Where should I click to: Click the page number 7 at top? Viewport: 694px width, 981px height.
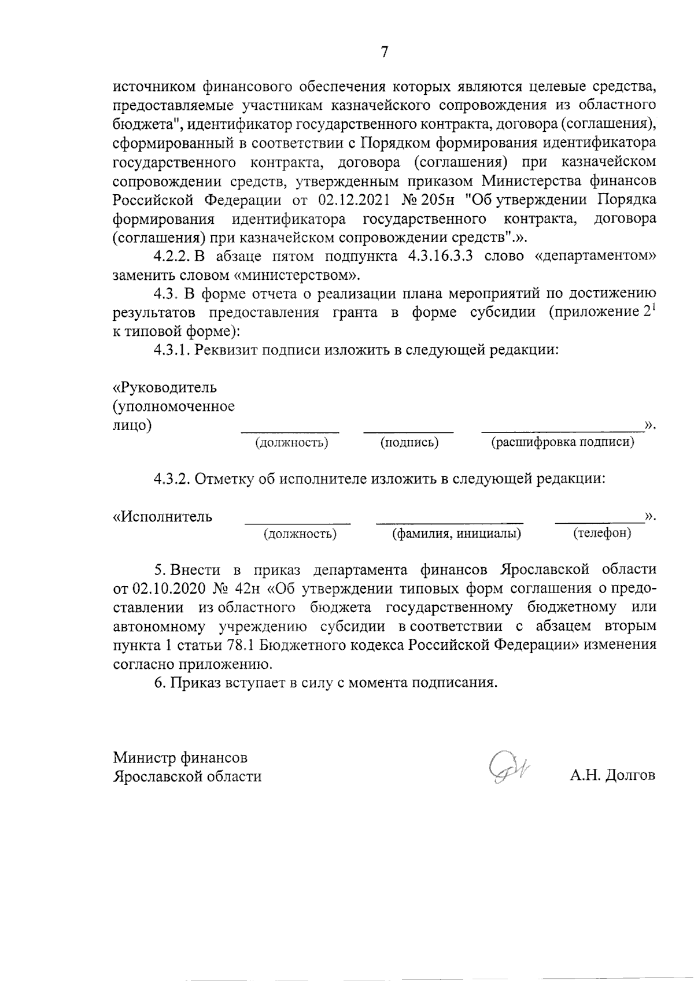(x=384, y=53)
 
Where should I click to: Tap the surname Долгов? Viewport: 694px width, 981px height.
(x=630, y=775)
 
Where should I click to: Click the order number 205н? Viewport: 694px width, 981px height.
(x=437, y=200)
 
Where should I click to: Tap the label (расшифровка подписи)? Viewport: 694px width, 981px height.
(x=562, y=443)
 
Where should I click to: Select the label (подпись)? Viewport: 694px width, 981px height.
(x=409, y=443)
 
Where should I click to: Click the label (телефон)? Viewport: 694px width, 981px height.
(x=601, y=533)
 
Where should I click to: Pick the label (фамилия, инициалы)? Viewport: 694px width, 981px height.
(x=456, y=533)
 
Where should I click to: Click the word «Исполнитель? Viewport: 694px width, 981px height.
(x=163, y=516)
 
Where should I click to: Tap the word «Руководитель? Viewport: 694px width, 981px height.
(x=165, y=386)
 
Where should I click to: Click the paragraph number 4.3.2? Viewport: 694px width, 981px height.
(x=172, y=479)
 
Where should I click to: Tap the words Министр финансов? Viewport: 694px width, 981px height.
(x=180, y=757)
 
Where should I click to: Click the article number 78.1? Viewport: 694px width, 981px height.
(x=214, y=645)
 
